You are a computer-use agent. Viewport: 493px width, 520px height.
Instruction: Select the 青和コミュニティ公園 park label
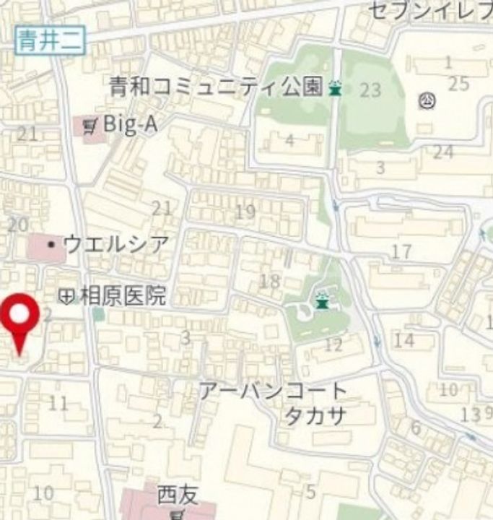pos(215,87)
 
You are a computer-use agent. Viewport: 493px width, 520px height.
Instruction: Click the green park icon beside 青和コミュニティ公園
pos(334,89)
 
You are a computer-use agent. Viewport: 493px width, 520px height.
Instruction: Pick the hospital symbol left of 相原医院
pos(66,296)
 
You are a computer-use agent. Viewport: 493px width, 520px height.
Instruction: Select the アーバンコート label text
pos(273,392)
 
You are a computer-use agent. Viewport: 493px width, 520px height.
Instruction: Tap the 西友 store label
pos(177,495)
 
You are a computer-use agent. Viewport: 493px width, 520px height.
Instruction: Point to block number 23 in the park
pos(370,90)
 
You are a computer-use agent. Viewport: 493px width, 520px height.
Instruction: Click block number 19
pos(245,212)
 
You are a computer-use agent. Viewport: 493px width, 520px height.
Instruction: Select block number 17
pos(401,252)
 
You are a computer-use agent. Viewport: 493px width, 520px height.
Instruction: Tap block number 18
pos(269,281)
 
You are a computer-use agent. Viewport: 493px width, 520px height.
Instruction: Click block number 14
pos(404,340)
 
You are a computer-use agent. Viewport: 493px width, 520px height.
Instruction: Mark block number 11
pos(58,403)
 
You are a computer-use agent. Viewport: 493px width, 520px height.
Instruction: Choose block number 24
pos(443,152)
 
